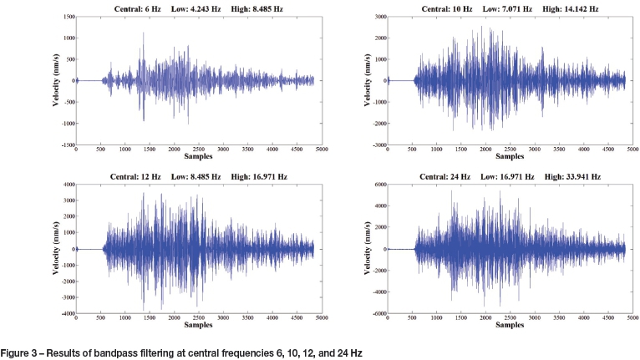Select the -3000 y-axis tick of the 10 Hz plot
tap(378, 145)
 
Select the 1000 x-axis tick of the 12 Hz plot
tap(124, 318)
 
